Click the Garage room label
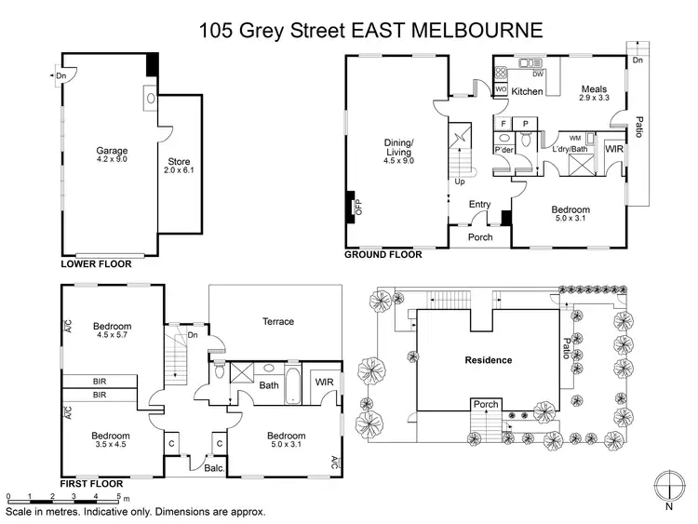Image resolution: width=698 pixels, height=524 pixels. pyautogui.click(x=112, y=150)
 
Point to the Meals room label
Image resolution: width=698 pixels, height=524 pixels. pyautogui.click(x=593, y=89)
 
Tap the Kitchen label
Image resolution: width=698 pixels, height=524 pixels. pyautogui.click(x=527, y=91)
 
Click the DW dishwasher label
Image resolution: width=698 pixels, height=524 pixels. pyautogui.click(x=538, y=74)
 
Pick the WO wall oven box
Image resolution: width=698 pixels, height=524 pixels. pyautogui.click(x=501, y=90)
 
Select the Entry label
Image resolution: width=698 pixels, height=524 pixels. pyautogui.click(x=479, y=205)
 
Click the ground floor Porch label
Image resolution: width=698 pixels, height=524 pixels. pyautogui.click(x=480, y=236)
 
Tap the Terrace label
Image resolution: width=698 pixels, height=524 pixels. pyautogui.click(x=277, y=321)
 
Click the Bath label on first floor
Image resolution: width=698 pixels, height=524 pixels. pyautogui.click(x=269, y=384)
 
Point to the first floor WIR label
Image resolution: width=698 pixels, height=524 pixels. pyautogui.click(x=324, y=383)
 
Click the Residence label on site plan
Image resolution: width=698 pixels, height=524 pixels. pyautogui.click(x=489, y=360)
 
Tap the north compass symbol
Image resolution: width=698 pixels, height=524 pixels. pyautogui.click(x=668, y=488)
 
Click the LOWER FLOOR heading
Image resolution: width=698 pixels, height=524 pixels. pyautogui.click(x=96, y=264)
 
